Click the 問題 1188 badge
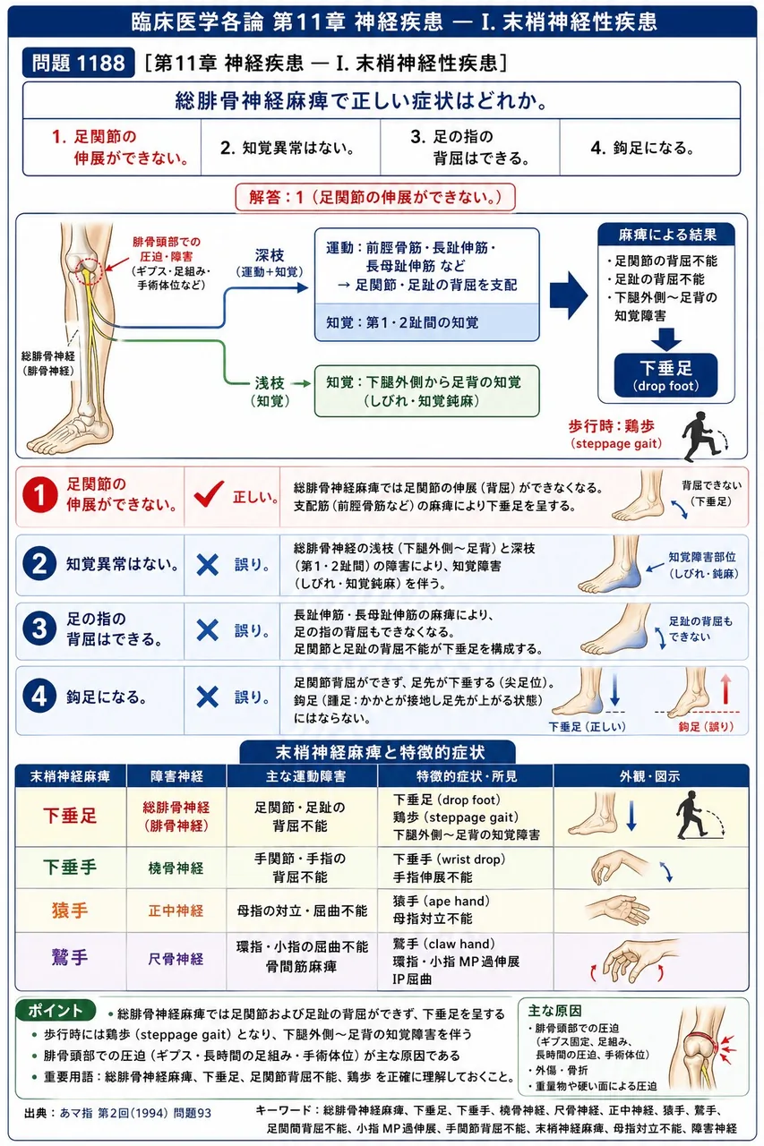coord(78,63)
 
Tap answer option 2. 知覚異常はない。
coord(290,148)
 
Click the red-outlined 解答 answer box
coord(375,198)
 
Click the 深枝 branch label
coord(270,263)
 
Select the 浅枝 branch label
coord(270,391)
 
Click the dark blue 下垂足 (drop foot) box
coord(665,375)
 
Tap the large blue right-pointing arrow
coord(569,295)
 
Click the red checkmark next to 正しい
coord(209,494)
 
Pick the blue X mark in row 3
coord(207,630)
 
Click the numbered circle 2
coord(39,564)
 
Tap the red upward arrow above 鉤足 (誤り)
coord(725,689)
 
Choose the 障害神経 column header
coord(176,776)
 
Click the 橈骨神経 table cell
coord(176,868)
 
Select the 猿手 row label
coord(70,911)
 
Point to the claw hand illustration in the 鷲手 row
coord(634,961)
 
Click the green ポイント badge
coord(56,1010)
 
